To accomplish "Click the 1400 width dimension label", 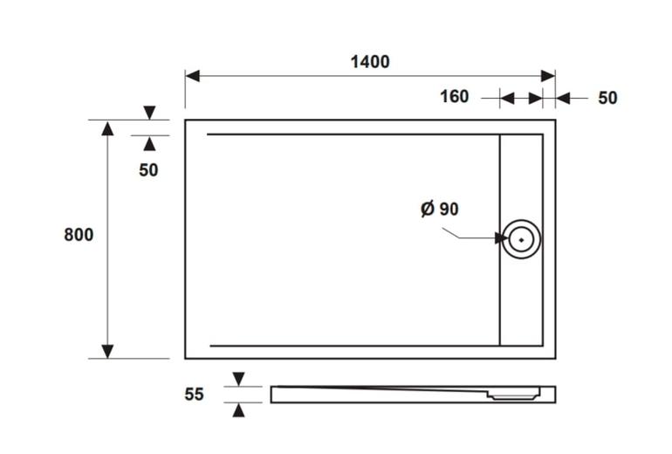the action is click(370, 62).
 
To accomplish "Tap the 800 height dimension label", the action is click(79, 235).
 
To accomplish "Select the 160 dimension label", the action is click(455, 96).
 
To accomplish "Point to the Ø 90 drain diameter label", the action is click(440, 209).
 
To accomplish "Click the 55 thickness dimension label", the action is click(194, 394).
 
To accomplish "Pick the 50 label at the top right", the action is click(607, 98).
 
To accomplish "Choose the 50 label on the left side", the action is click(148, 170).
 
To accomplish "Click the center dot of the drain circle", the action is click(521, 239).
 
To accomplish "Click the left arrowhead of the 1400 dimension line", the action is click(192, 76).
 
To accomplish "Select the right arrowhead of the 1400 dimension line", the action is click(548, 76).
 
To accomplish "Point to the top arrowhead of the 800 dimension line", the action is click(107, 128).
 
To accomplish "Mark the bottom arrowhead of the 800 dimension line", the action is click(107, 351).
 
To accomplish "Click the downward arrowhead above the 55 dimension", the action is click(239, 379).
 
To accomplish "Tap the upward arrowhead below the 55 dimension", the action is click(239, 409).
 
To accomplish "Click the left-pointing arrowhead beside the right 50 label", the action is click(563, 98).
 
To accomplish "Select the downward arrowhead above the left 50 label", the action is click(149, 113).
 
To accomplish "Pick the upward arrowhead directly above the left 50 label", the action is click(149, 143).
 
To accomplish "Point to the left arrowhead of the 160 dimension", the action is click(507, 98).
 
